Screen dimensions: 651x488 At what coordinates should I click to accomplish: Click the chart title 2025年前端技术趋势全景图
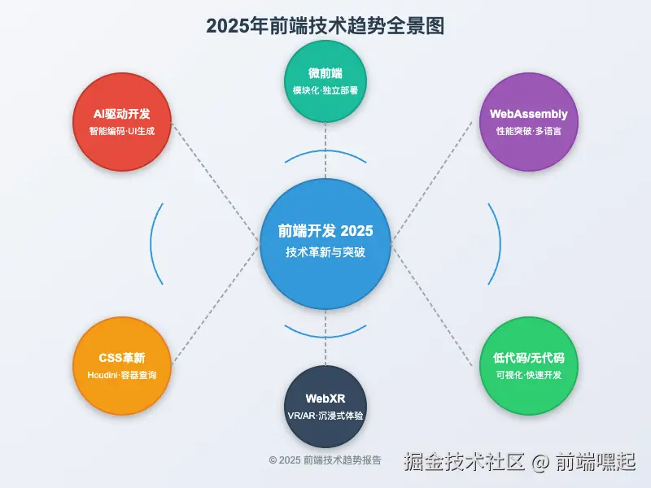coord(325,25)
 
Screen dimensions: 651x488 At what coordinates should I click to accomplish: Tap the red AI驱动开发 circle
coord(122,122)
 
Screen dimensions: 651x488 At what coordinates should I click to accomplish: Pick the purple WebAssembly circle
coord(529,122)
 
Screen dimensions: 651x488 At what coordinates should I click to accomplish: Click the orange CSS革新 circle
coord(122,366)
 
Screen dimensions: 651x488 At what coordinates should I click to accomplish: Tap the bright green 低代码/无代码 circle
coord(529,366)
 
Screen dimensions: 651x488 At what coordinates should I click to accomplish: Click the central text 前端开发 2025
coord(325,231)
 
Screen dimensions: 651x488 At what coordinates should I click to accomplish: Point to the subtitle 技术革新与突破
coord(325,253)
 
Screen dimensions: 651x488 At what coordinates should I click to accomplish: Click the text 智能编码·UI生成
coord(122,131)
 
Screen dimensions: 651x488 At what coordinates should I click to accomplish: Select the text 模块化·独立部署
coord(325,90)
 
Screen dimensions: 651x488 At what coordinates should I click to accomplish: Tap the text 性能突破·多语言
coord(529,131)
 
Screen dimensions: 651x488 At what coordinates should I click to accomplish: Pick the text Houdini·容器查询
coord(122,375)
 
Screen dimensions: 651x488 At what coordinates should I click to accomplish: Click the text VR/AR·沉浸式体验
coord(325,416)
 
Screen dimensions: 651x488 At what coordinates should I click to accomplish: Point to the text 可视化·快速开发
coord(529,375)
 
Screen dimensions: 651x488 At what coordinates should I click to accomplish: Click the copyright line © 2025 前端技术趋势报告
coord(325,460)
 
